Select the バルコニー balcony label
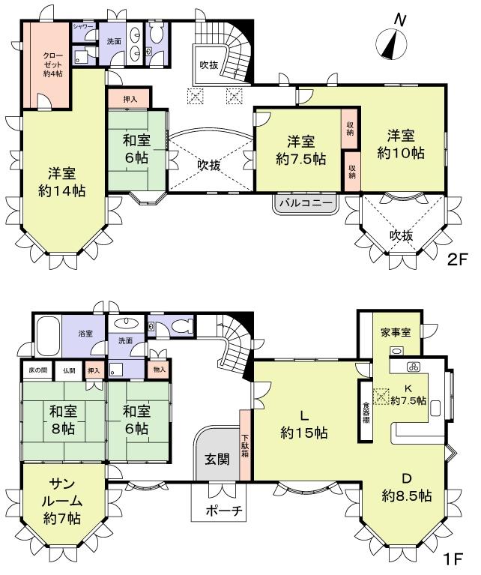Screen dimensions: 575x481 [305, 202]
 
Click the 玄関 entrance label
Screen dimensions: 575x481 [218, 457]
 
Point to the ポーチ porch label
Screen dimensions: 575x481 [223, 512]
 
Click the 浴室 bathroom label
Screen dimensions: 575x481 [87, 333]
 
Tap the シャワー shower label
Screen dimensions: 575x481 [82, 26]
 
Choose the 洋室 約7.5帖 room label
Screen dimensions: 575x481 [300, 150]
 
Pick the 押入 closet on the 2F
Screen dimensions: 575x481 [129, 97]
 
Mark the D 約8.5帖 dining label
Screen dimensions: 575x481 [405, 487]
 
